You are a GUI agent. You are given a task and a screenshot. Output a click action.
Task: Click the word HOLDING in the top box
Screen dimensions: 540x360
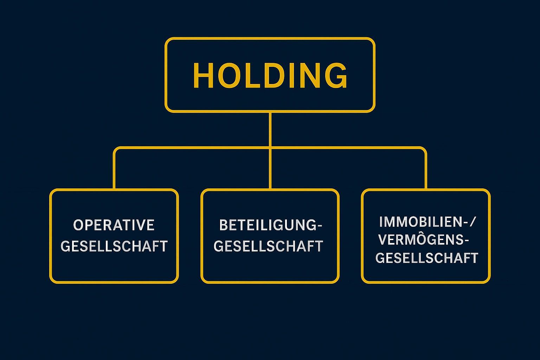pyautogui.click(x=270, y=75)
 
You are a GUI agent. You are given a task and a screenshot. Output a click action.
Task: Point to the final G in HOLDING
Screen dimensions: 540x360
pyautogui.click(x=336, y=75)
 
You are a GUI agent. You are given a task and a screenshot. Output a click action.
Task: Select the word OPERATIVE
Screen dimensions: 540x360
pyautogui.click(x=114, y=225)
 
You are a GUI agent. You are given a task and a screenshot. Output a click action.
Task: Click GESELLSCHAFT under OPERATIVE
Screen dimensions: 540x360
pyautogui.click(x=114, y=246)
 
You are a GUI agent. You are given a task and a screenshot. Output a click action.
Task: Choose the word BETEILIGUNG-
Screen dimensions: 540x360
pyautogui.click(x=270, y=225)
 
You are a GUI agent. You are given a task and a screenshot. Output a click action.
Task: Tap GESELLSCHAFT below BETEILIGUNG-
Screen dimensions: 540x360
pyautogui.click(x=268, y=246)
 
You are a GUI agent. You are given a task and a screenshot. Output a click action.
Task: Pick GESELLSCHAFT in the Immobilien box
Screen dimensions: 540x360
pyautogui.click(x=427, y=258)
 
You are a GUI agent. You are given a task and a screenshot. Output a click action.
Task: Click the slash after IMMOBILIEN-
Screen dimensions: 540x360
pyautogui.click(x=472, y=222)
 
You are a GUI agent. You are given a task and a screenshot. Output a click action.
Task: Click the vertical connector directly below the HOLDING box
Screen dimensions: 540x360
pyautogui.click(x=270, y=130)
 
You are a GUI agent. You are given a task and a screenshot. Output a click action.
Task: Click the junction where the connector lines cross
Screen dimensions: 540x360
pyautogui.click(x=270, y=148)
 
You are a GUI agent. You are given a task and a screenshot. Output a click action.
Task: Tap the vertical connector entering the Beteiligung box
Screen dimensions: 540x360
pyautogui.click(x=270, y=169)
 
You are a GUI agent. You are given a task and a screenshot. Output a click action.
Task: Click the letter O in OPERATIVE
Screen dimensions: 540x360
pyautogui.click(x=78, y=225)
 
